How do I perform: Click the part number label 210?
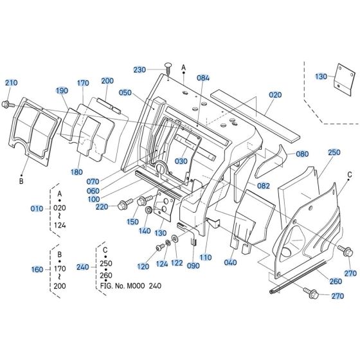pyautogui.click(x=12, y=83)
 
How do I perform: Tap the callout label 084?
pyautogui.click(x=204, y=78)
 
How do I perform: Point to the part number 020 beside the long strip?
pyautogui.click(x=275, y=94)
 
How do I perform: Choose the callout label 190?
pyautogui.click(x=62, y=91)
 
